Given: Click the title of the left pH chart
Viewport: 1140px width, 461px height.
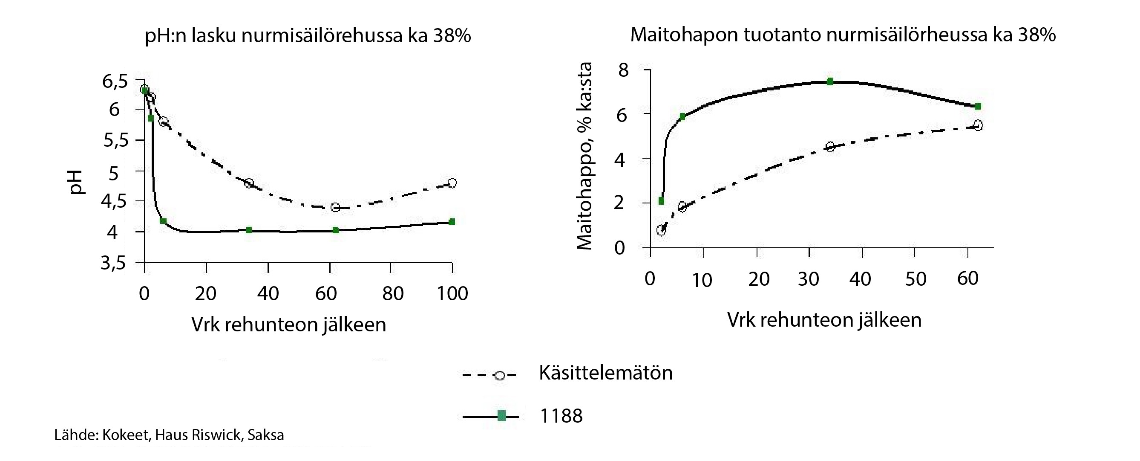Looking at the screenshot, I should click(x=308, y=36).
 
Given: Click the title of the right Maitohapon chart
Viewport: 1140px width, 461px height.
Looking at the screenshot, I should click(x=843, y=35).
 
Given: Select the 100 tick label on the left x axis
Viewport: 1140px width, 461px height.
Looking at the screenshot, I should click(x=452, y=293).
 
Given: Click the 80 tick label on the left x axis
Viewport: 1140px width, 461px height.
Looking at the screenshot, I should click(x=392, y=293).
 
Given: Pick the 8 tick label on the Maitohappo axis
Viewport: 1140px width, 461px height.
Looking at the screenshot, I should click(x=623, y=70).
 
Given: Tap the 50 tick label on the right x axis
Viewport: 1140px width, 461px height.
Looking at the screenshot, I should click(x=915, y=279).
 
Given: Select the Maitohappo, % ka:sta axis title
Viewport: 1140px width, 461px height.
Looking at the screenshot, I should click(x=584, y=156).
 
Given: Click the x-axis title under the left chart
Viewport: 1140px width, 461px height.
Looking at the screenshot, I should click(x=288, y=325).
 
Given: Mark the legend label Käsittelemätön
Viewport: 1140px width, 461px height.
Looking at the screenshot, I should click(x=605, y=373).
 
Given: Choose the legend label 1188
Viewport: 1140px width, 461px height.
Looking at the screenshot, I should click(x=561, y=416).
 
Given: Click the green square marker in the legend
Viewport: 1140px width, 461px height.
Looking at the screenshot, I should click(x=501, y=416).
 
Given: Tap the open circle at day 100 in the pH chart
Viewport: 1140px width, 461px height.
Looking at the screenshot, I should click(x=452, y=183).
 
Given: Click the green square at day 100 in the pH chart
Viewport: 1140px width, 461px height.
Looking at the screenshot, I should click(x=452, y=221).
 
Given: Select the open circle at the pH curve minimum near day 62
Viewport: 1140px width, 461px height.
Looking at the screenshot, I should click(x=335, y=207).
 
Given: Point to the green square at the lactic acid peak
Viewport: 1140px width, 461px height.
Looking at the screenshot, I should click(x=830, y=81).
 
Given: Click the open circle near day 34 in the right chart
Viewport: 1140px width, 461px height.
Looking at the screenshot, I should click(x=830, y=147).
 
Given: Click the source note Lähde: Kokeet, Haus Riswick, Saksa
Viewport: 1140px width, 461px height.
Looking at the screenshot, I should click(x=169, y=435).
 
